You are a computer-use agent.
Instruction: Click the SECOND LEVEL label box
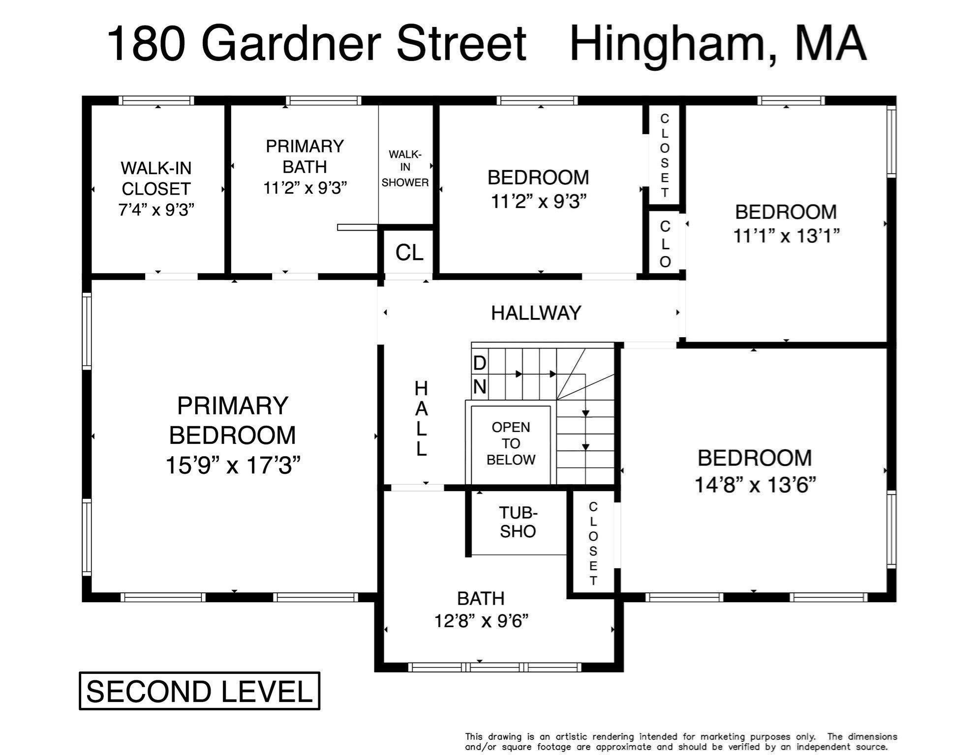coord(199,691)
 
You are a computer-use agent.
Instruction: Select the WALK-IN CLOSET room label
coord(156,178)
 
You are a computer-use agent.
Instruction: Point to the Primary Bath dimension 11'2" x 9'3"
coord(305,188)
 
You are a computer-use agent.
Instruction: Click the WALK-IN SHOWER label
coord(405,169)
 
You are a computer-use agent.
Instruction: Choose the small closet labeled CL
coord(409,252)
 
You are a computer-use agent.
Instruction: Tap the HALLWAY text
coord(536,313)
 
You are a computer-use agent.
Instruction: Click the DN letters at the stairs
coord(480,376)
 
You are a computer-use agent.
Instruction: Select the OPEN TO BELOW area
coord(511,444)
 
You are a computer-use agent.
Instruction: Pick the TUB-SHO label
coord(518,522)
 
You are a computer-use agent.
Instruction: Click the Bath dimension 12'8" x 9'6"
coord(481,621)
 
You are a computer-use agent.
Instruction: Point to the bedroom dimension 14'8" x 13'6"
coord(755,485)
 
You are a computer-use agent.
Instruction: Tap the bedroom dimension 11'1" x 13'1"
coord(786,236)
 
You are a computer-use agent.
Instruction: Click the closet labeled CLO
coord(665,244)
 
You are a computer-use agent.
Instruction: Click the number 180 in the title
coord(146,44)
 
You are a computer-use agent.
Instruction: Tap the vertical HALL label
coord(421,418)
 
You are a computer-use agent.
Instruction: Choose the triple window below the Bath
coord(495,667)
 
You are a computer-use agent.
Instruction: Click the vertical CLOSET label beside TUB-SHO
coord(593,544)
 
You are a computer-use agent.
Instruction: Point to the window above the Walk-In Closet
coord(156,100)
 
